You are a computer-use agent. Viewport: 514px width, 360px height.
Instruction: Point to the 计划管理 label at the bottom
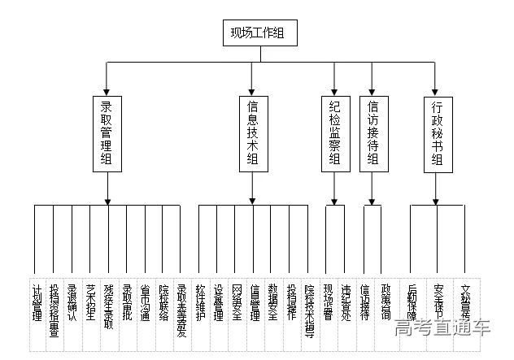37,301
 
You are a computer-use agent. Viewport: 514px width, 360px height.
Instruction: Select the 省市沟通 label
145,301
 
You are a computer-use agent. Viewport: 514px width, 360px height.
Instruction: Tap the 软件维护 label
200,301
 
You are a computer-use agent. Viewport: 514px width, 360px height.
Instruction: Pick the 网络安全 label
237,301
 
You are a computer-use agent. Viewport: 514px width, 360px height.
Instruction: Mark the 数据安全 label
273,301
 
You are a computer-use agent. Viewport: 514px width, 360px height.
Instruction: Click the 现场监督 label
328,301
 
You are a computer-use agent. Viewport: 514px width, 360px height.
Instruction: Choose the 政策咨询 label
386,301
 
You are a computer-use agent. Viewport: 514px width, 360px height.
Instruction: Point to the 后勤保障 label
412,301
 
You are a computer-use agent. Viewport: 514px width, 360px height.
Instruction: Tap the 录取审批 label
127,301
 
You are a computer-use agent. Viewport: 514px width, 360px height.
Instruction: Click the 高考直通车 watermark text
444,329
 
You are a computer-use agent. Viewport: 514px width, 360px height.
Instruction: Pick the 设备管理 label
218,301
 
